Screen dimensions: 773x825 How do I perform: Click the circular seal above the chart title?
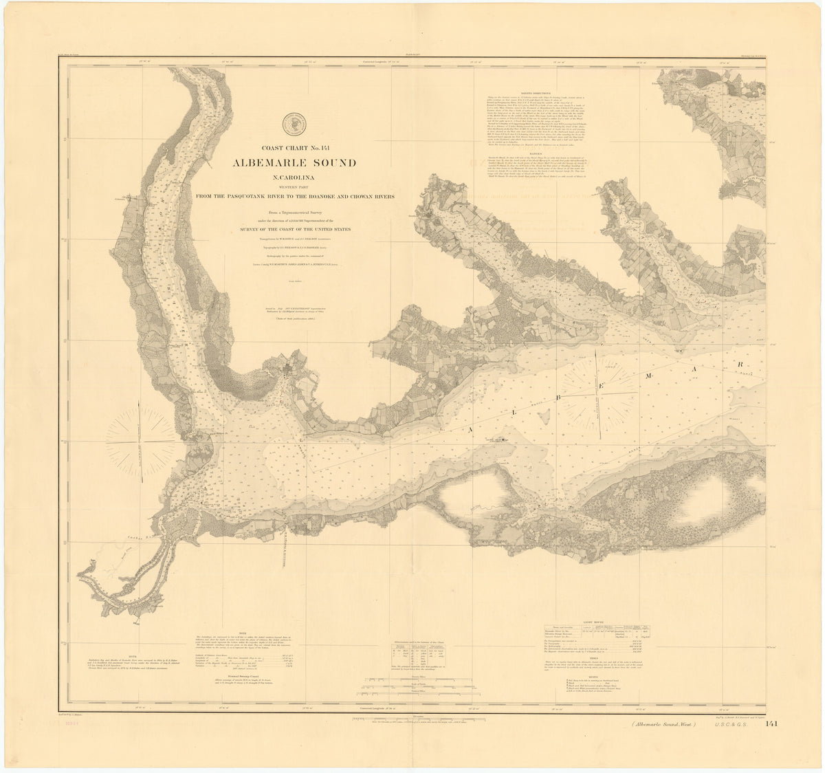click(x=293, y=122)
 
